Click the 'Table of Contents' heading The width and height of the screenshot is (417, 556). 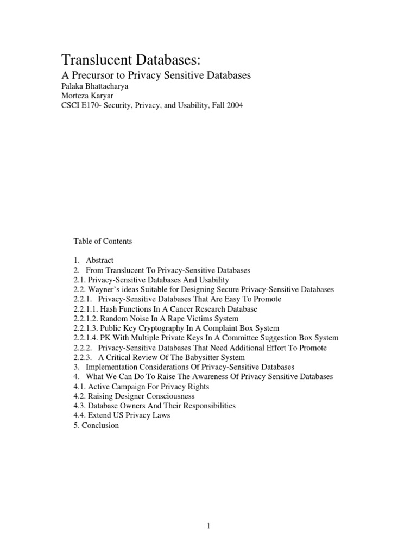(103, 241)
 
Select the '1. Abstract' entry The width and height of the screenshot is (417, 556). (93, 260)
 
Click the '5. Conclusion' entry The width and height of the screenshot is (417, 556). (96, 426)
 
